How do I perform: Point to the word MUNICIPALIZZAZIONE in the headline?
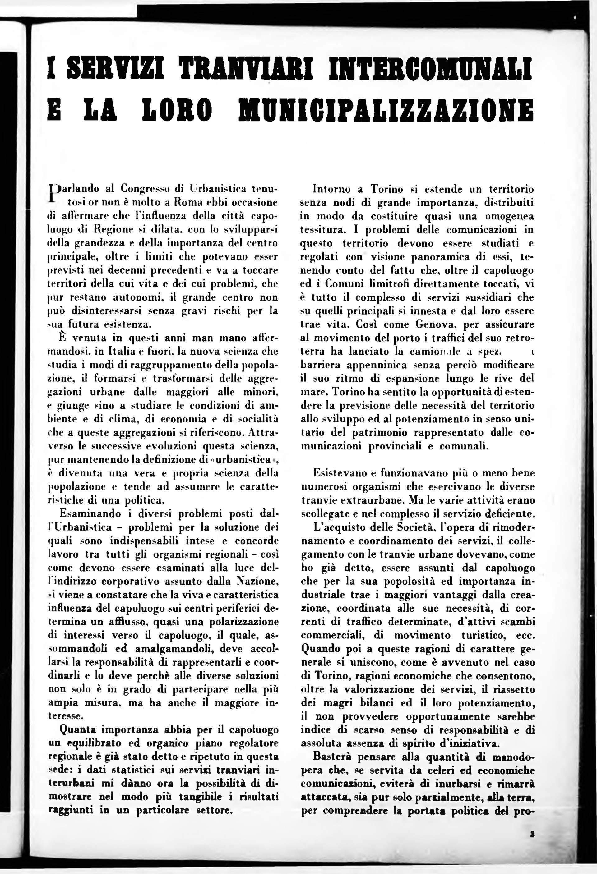tap(386, 110)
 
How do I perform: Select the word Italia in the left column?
tap(122, 351)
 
